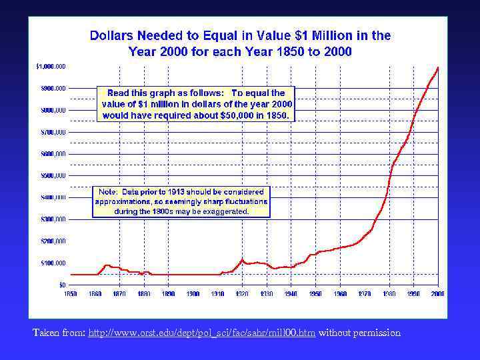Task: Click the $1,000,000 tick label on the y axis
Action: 51,67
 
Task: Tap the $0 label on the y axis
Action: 62,285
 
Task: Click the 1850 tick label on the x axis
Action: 70,293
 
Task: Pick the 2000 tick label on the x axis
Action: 437,293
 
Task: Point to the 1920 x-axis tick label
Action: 241,293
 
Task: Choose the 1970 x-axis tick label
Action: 364,293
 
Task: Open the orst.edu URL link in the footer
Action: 202,332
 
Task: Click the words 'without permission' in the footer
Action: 360,332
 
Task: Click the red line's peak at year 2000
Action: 437,67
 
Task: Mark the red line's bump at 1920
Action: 243,259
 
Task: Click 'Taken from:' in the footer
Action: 59,332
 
